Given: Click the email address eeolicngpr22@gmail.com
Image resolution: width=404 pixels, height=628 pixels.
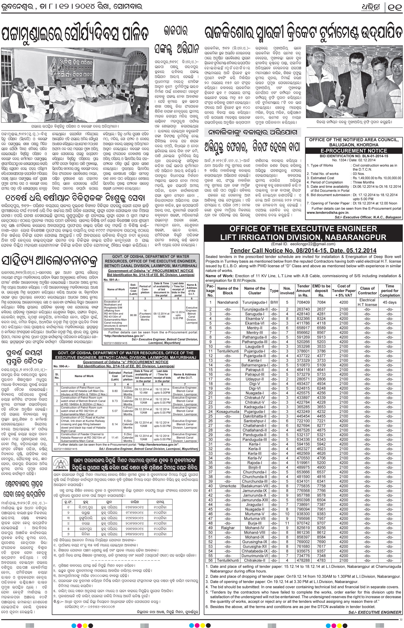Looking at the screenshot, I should pyautogui.click(x=303, y=244).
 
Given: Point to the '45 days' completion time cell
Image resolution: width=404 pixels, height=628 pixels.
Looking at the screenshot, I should pyautogui.click(x=389, y=302).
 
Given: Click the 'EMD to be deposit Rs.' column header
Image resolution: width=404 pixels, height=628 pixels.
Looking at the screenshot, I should pyautogui.click(x=321, y=290).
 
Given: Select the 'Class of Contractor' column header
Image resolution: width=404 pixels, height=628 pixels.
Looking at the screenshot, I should pyautogui.click(x=367, y=290).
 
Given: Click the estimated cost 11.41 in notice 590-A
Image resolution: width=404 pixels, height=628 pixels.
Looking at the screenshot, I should pyautogui.click(x=115, y=438).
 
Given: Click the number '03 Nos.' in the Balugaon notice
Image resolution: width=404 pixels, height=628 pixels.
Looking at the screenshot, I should pyautogui.click(x=359, y=174).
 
